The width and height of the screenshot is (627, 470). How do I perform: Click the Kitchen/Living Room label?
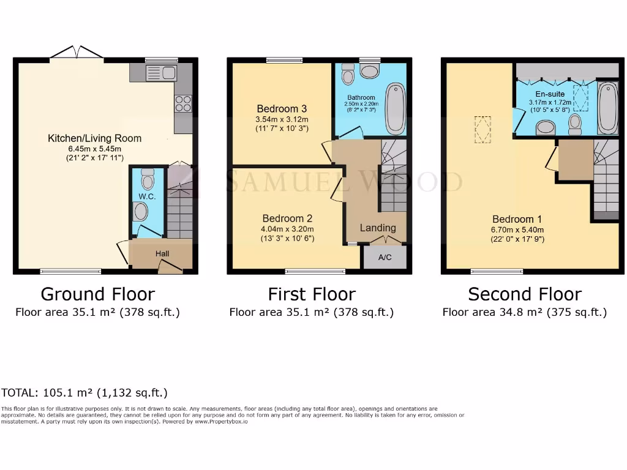(95, 138)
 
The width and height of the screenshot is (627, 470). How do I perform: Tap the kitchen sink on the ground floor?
(161, 73)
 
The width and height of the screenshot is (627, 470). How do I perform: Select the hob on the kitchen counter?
(183, 103)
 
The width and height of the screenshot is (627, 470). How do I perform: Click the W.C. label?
(146, 196)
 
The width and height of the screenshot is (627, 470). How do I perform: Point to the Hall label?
(162, 253)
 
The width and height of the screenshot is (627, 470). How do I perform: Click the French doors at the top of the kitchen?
(77, 54)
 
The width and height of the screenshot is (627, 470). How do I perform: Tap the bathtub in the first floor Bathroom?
(396, 108)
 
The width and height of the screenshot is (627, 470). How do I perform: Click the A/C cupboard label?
(385, 258)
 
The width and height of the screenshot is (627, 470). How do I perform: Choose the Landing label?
(378, 228)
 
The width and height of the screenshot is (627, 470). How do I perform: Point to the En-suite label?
(550, 94)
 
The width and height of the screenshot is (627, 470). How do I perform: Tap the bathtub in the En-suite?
(608, 108)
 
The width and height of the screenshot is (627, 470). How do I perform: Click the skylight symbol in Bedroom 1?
(483, 130)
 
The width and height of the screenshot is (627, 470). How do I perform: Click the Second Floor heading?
(525, 294)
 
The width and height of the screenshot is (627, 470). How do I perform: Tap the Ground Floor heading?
(97, 294)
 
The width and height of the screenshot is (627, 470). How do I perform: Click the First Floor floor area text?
(311, 312)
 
